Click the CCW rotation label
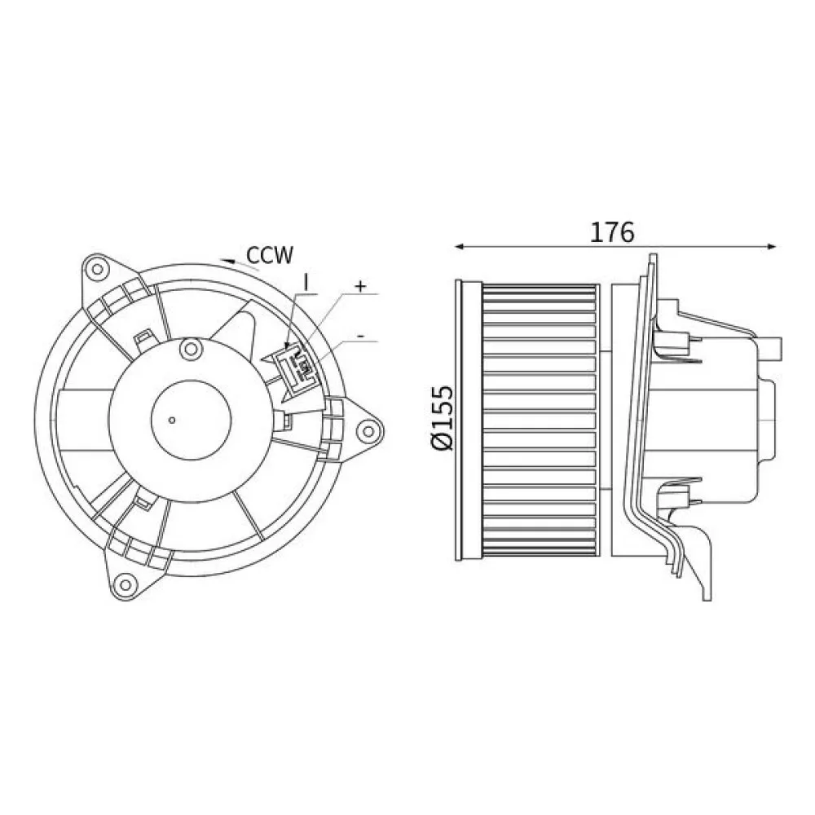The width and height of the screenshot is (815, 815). [x=271, y=256]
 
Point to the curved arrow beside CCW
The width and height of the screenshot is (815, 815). [x=231, y=260]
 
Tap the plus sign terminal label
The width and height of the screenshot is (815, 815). [x=362, y=287]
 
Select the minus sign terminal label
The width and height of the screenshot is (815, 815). [x=360, y=335]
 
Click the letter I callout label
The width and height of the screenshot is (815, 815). [x=306, y=281]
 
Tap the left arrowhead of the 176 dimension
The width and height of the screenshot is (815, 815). [x=458, y=245]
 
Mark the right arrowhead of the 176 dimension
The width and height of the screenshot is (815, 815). [x=771, y=245]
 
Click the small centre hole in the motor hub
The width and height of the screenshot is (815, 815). [x=172, y=421]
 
